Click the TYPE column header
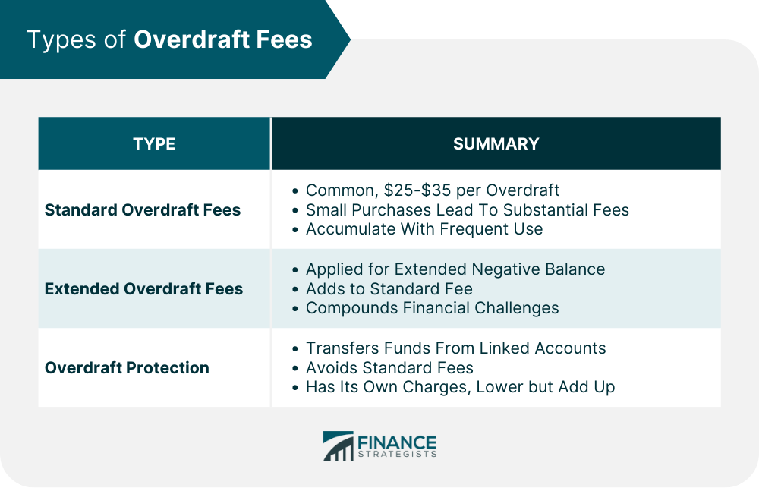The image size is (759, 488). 154,143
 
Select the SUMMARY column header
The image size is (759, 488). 496,143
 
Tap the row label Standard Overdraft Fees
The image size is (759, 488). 143,209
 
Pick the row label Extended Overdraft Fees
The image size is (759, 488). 143,288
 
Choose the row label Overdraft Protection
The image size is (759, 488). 127,367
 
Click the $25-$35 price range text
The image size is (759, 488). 417,190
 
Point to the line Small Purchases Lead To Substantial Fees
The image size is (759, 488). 467,209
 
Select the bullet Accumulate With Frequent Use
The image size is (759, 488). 424,229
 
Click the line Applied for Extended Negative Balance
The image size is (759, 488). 455,269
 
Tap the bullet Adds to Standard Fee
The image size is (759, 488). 389,288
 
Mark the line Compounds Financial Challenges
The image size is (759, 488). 433,308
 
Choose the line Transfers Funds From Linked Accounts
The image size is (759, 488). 455,348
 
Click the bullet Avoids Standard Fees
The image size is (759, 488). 389,367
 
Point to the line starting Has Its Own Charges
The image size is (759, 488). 461,387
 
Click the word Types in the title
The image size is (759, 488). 62,40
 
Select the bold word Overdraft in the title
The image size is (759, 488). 191,39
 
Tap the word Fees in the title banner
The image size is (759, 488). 284,39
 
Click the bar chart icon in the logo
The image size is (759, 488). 339,446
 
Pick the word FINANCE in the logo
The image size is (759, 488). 397,442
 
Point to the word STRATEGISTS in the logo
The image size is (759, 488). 398,454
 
